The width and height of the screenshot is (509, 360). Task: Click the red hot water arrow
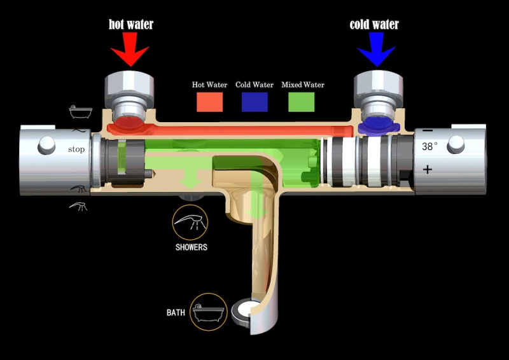[130, 50]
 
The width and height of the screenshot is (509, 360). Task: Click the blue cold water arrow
[377, 50]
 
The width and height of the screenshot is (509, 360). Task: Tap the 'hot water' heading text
[131, 24]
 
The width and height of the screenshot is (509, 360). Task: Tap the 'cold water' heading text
[374, 24]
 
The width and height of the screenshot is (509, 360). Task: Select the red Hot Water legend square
[210, 102]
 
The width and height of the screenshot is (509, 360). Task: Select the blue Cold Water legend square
[255, 102]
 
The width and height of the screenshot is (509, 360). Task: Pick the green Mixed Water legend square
[302, 102]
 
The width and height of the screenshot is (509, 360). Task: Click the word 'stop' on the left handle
[76, 149]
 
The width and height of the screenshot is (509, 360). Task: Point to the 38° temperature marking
[429, 146]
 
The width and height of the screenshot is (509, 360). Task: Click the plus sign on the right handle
[428, 169]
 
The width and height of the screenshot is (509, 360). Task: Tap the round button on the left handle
[46, 145]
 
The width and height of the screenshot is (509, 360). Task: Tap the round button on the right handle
[456, 144]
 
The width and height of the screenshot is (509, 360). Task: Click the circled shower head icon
[190, 223]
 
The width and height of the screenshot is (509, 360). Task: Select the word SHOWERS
[192, 247]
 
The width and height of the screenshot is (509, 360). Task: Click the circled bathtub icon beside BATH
[209, 312]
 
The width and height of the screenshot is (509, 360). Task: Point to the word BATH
[176, 312]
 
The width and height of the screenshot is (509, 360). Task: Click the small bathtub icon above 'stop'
[81, 112]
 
